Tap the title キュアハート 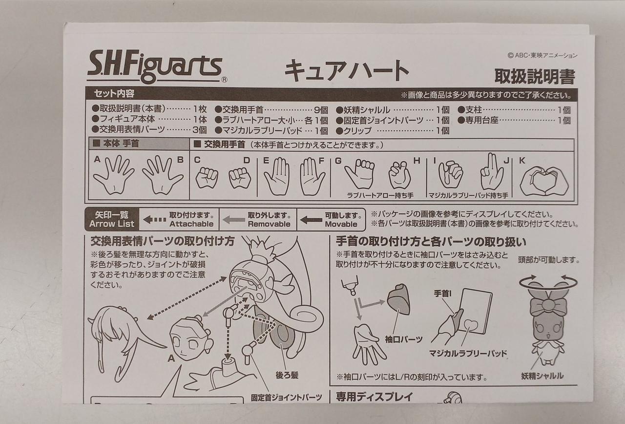click(x=347, y=71)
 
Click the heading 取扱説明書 click(x=535, y=76)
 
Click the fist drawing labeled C click(x=207, y=177)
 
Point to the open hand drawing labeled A click(x=114, y=174)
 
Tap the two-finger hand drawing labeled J click(x=492, y=172)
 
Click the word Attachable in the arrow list click(x=191, y=224)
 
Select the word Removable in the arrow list click(x=269, y=224)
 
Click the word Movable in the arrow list click(x=341, y=224)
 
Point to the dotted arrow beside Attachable click(x=155, y=220)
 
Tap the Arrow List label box click(x=112, y=219)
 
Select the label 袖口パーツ click(x=404, y=339)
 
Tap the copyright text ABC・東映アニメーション click(x=542, y=55)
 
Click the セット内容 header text click(x=114, y=93)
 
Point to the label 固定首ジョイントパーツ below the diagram click(x=286, y=398)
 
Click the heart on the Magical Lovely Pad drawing click(x=471, y=325)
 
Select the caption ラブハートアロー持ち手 click(x=380, y=195)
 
